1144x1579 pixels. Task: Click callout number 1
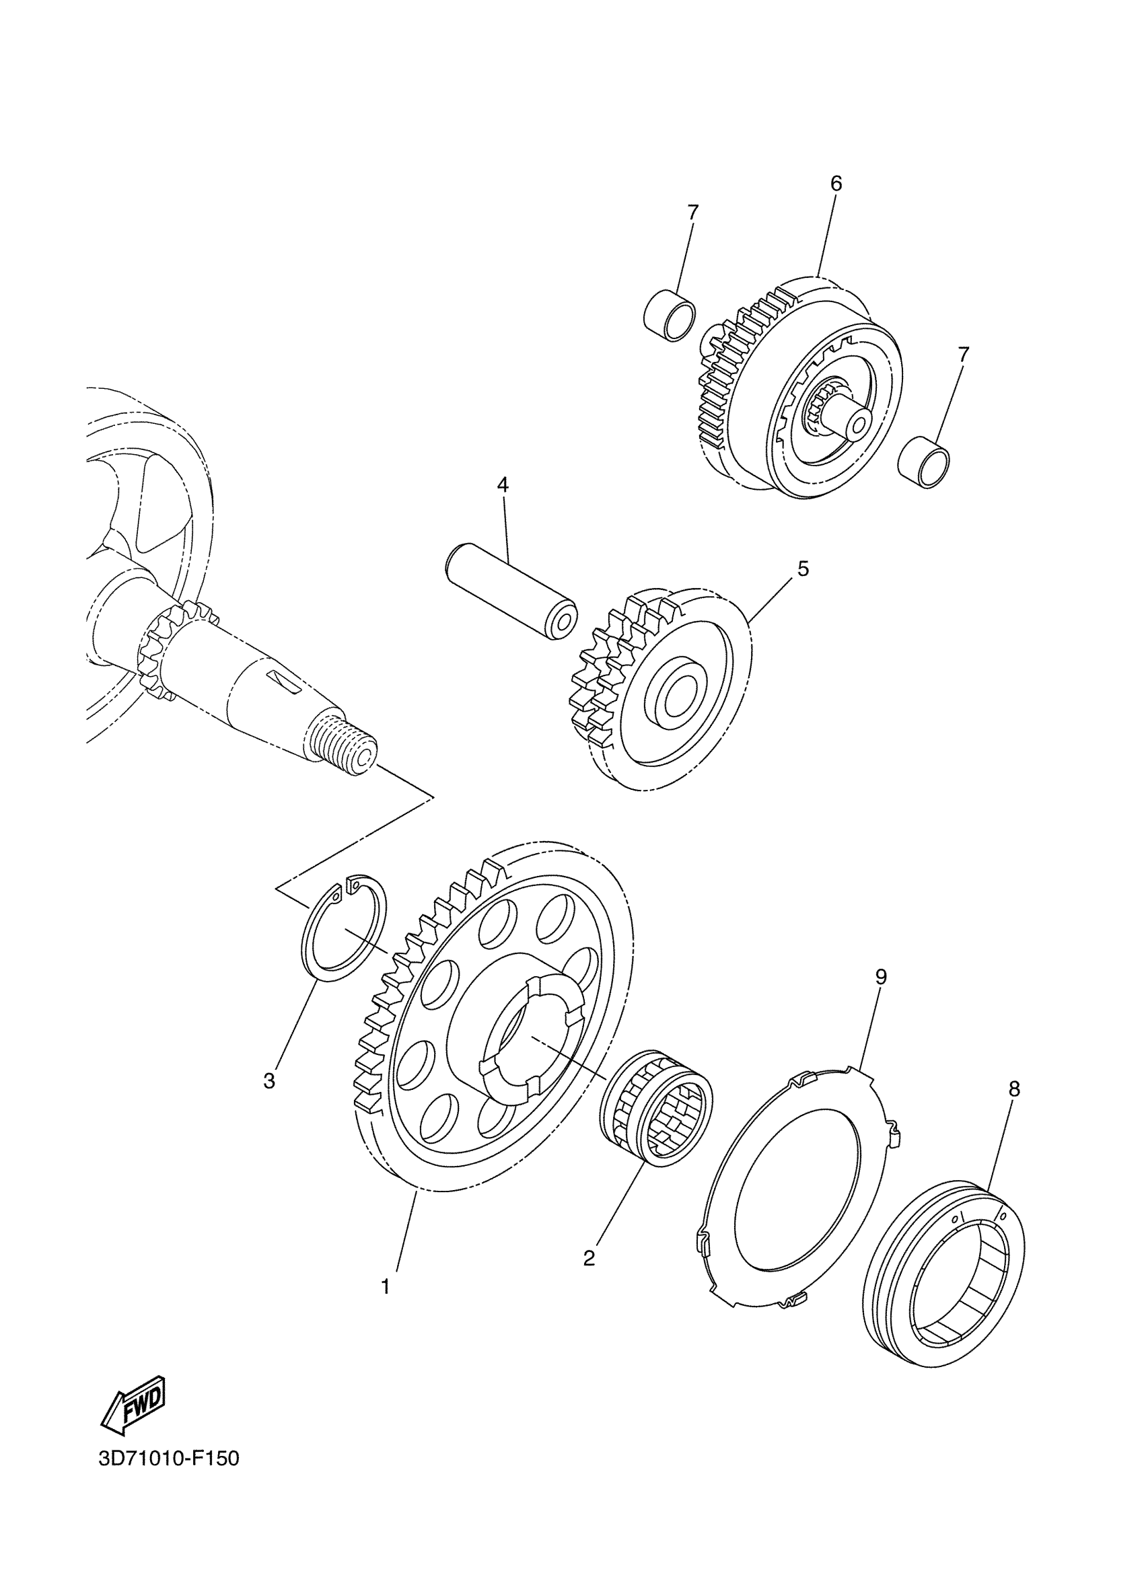click(386, 1287)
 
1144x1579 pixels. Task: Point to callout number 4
click(503, 484)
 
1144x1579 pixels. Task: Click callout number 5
click(803, 568)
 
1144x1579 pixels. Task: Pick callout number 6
click(836, 184)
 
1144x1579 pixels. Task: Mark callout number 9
click(881, 977)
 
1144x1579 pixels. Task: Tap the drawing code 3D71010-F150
click(168, 1477)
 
